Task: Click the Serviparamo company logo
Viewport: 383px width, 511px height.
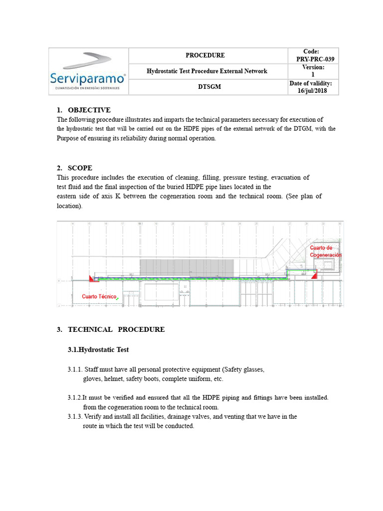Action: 88,71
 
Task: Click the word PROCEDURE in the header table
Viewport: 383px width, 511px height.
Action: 205,55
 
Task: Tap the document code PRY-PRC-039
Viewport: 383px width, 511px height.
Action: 315,59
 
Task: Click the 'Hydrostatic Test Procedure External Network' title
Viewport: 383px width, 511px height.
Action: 207,71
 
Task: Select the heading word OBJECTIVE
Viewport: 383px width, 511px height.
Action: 89,110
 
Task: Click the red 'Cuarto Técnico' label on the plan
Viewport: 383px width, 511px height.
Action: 100,296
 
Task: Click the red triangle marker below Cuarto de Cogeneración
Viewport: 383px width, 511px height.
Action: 314,275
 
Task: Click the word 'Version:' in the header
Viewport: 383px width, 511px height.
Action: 314,67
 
